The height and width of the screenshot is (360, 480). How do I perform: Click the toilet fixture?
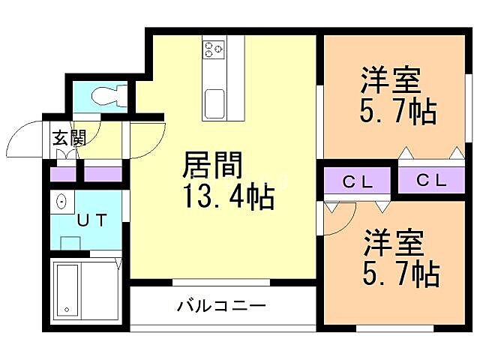106,97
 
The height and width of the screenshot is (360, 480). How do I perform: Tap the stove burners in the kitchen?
214,49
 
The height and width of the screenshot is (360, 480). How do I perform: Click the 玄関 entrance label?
68,138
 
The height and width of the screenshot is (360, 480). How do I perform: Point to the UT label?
93,220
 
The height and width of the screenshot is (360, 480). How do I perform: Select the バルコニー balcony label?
221,306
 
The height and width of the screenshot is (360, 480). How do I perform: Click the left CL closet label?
357,181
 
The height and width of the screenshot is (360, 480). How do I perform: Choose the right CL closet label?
431,181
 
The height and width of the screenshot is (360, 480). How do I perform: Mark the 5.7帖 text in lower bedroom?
400,274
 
